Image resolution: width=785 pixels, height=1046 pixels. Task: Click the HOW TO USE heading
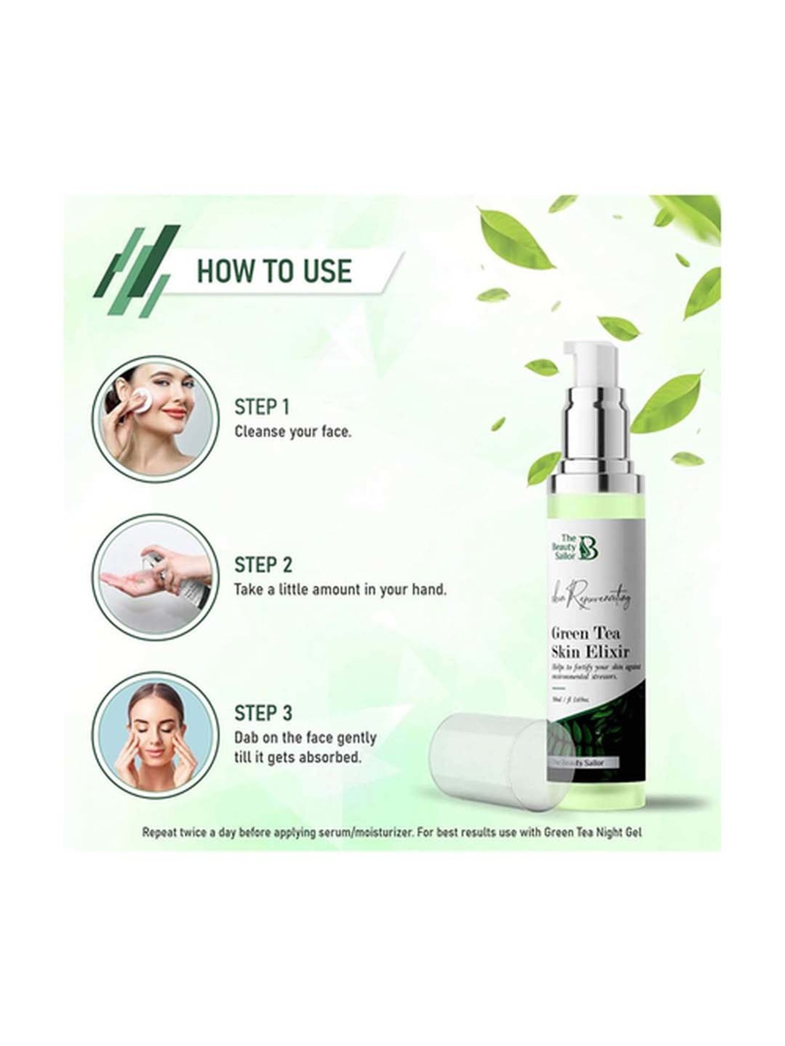[x=273, y=271]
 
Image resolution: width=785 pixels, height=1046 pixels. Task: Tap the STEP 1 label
[x=262, y=407]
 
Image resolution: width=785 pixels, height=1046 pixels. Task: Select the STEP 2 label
[x=263, y=565]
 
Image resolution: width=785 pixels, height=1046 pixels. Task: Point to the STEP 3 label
[x=263, y=713]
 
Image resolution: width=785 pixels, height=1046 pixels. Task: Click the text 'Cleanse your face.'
[x=293, y=433]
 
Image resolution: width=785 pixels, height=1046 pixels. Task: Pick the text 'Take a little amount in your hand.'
[x=340, y=590]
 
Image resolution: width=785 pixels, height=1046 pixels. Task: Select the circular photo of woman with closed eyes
[x=153, y=732]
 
